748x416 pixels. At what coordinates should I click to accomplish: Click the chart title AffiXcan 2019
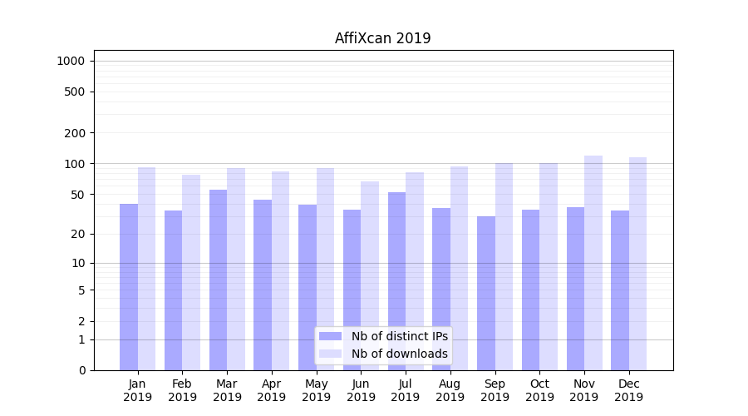[x=382, y=38]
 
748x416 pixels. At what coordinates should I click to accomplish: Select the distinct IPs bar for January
[x=129, y=287]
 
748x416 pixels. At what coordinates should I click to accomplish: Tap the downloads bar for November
[x=593, y=263]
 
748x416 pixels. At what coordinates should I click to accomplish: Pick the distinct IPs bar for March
[x=218, y=280]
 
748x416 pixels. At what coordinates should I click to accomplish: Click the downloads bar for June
[x=370, y=275]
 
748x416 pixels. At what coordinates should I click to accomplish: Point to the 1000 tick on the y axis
[x=71, y=61]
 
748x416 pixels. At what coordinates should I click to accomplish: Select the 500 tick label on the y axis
[x=74, y=92]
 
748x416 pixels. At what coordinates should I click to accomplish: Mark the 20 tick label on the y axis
[x=77, y=234]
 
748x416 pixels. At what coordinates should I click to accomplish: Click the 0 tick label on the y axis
[x=81, y=370]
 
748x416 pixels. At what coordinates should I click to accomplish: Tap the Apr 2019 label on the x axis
[x=272, y=390]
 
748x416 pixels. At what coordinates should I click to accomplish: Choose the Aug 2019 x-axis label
[x=450, y=390]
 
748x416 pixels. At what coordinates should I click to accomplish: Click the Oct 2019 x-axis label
[x=539, y=390]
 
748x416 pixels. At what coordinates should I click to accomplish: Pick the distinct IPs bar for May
[x=308, y=287]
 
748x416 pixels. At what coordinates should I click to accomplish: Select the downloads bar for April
[x=281, y=270]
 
